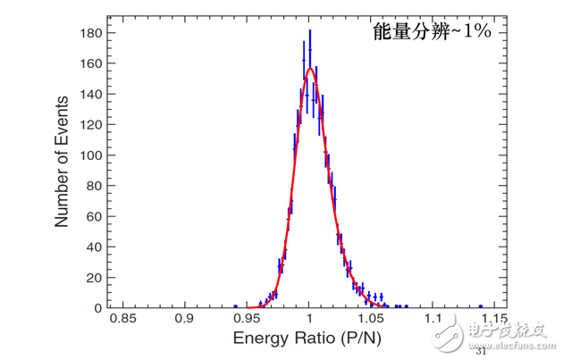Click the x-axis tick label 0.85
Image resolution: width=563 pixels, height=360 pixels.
[122, 319]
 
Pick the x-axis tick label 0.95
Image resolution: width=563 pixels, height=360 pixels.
[247, 319]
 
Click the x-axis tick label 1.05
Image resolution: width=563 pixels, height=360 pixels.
[371, 319]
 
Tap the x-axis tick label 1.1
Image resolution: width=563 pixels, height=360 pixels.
[433, 319]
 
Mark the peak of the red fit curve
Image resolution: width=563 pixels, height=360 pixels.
[309, 69]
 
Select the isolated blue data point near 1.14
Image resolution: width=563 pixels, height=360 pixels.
[480, 306]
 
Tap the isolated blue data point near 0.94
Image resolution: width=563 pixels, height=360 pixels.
[236, 306]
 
